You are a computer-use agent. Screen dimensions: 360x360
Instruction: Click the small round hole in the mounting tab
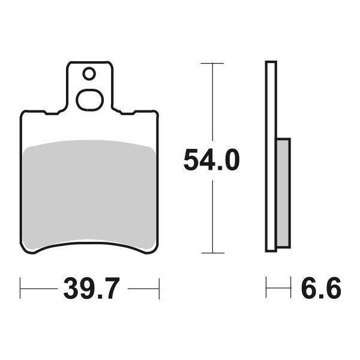pos(89,74)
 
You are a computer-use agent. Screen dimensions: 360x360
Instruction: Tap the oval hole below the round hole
pos(90,99)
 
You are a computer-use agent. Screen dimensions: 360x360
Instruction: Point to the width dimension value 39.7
pos(90,290)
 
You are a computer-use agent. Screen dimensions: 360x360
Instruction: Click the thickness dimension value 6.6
pos(320,290)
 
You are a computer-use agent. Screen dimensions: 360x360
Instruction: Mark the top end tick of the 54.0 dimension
pos(212,62)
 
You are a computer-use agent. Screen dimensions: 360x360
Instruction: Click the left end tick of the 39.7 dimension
pos(21,290)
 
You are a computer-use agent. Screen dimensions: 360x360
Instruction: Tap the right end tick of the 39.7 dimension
pos(158,290)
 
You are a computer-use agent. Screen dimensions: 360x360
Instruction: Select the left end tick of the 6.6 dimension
pos(267,290)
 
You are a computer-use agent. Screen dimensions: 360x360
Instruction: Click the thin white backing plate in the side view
pos(271,156)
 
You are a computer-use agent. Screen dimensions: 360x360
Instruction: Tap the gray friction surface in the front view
pos(90,192)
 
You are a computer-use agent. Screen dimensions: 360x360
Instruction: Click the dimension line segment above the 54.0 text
pos(212,102)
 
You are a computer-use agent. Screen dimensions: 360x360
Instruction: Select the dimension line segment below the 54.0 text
pos(212,216)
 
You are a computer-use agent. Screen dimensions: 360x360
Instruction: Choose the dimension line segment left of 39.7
pos(39,290)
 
